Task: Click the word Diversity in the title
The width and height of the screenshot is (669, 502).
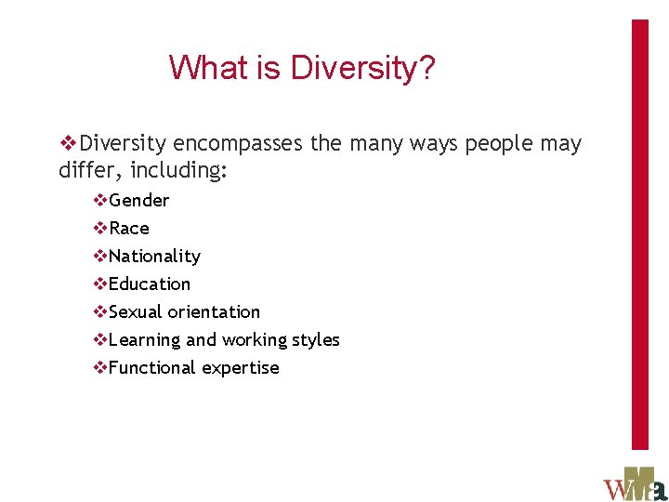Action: pos(361,68)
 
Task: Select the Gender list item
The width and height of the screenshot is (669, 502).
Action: pos(139,200)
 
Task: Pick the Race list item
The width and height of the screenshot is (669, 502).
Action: pos(129,228)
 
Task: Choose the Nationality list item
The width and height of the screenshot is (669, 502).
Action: pos(154,256)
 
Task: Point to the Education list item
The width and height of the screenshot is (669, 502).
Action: pos(150,284)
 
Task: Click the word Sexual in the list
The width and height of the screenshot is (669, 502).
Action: pos(136,311)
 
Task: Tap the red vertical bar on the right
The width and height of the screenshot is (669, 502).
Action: pos(640,232)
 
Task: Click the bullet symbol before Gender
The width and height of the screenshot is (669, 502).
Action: pos(100,201)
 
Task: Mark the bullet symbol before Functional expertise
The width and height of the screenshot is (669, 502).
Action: pos(100,368)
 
